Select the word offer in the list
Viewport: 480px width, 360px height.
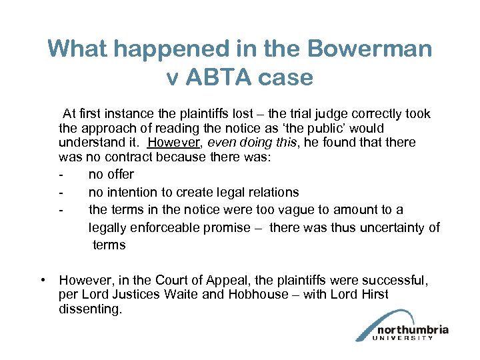click(121, 175)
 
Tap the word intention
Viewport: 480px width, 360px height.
click(137, 192)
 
